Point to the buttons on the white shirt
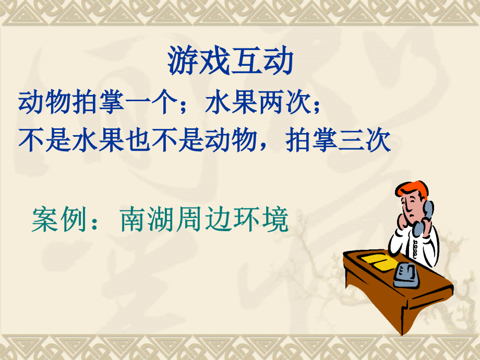415,249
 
